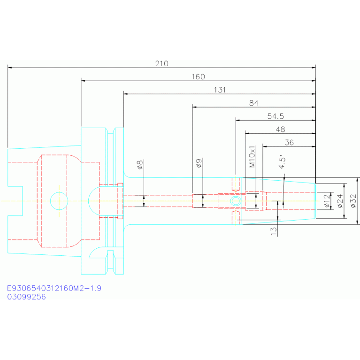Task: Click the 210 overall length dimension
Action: tap(161, 63)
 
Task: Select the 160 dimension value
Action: tap(198, 77)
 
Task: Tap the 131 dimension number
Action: tap(220, 90)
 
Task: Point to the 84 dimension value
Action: tap(254, 103)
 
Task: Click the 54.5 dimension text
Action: tap(276, 116)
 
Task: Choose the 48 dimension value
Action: tap(280, 129)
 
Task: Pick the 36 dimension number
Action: tap(289, 142)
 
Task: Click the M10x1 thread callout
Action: tap(252, 156)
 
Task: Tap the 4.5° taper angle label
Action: tap(282, 161)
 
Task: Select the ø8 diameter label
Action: tap(139, 165)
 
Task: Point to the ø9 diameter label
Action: tap(199, 163)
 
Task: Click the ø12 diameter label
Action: tap(327, 201)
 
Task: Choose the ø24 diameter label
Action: tap(340, 201)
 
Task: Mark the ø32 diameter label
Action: tap(353, 201)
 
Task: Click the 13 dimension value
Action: tap(274, 231)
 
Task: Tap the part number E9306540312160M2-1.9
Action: tap(54, 288)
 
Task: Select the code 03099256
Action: tap(26, 297)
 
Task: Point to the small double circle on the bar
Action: tap(235, 201)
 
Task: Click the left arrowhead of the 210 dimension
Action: tap(9, 68)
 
